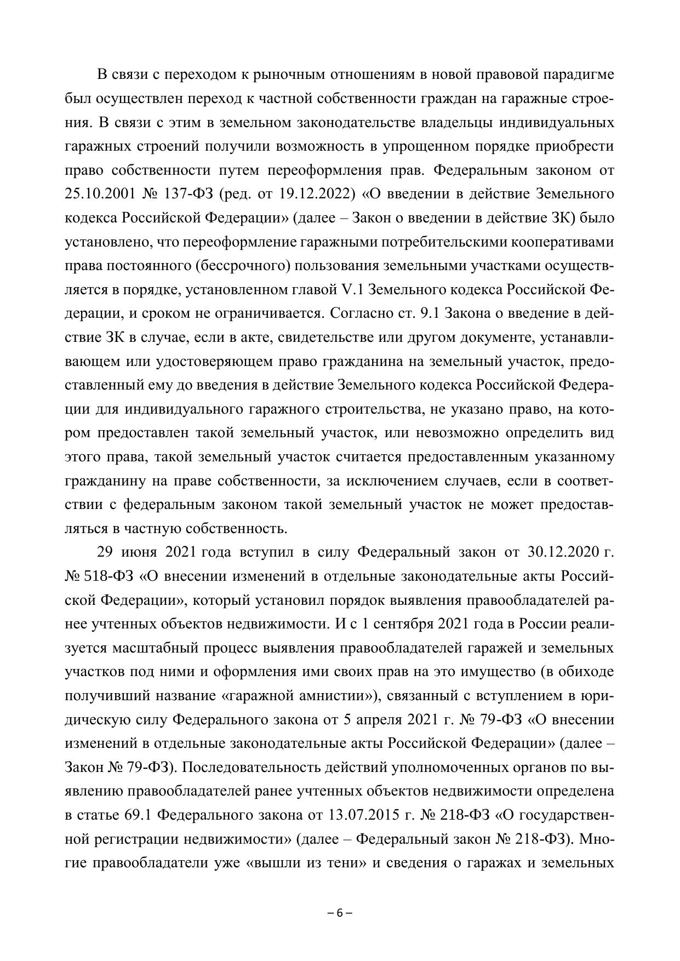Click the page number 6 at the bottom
(x=339, y=913)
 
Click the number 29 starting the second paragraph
(x=105, y=552)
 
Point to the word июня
(x=140, y=552)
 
